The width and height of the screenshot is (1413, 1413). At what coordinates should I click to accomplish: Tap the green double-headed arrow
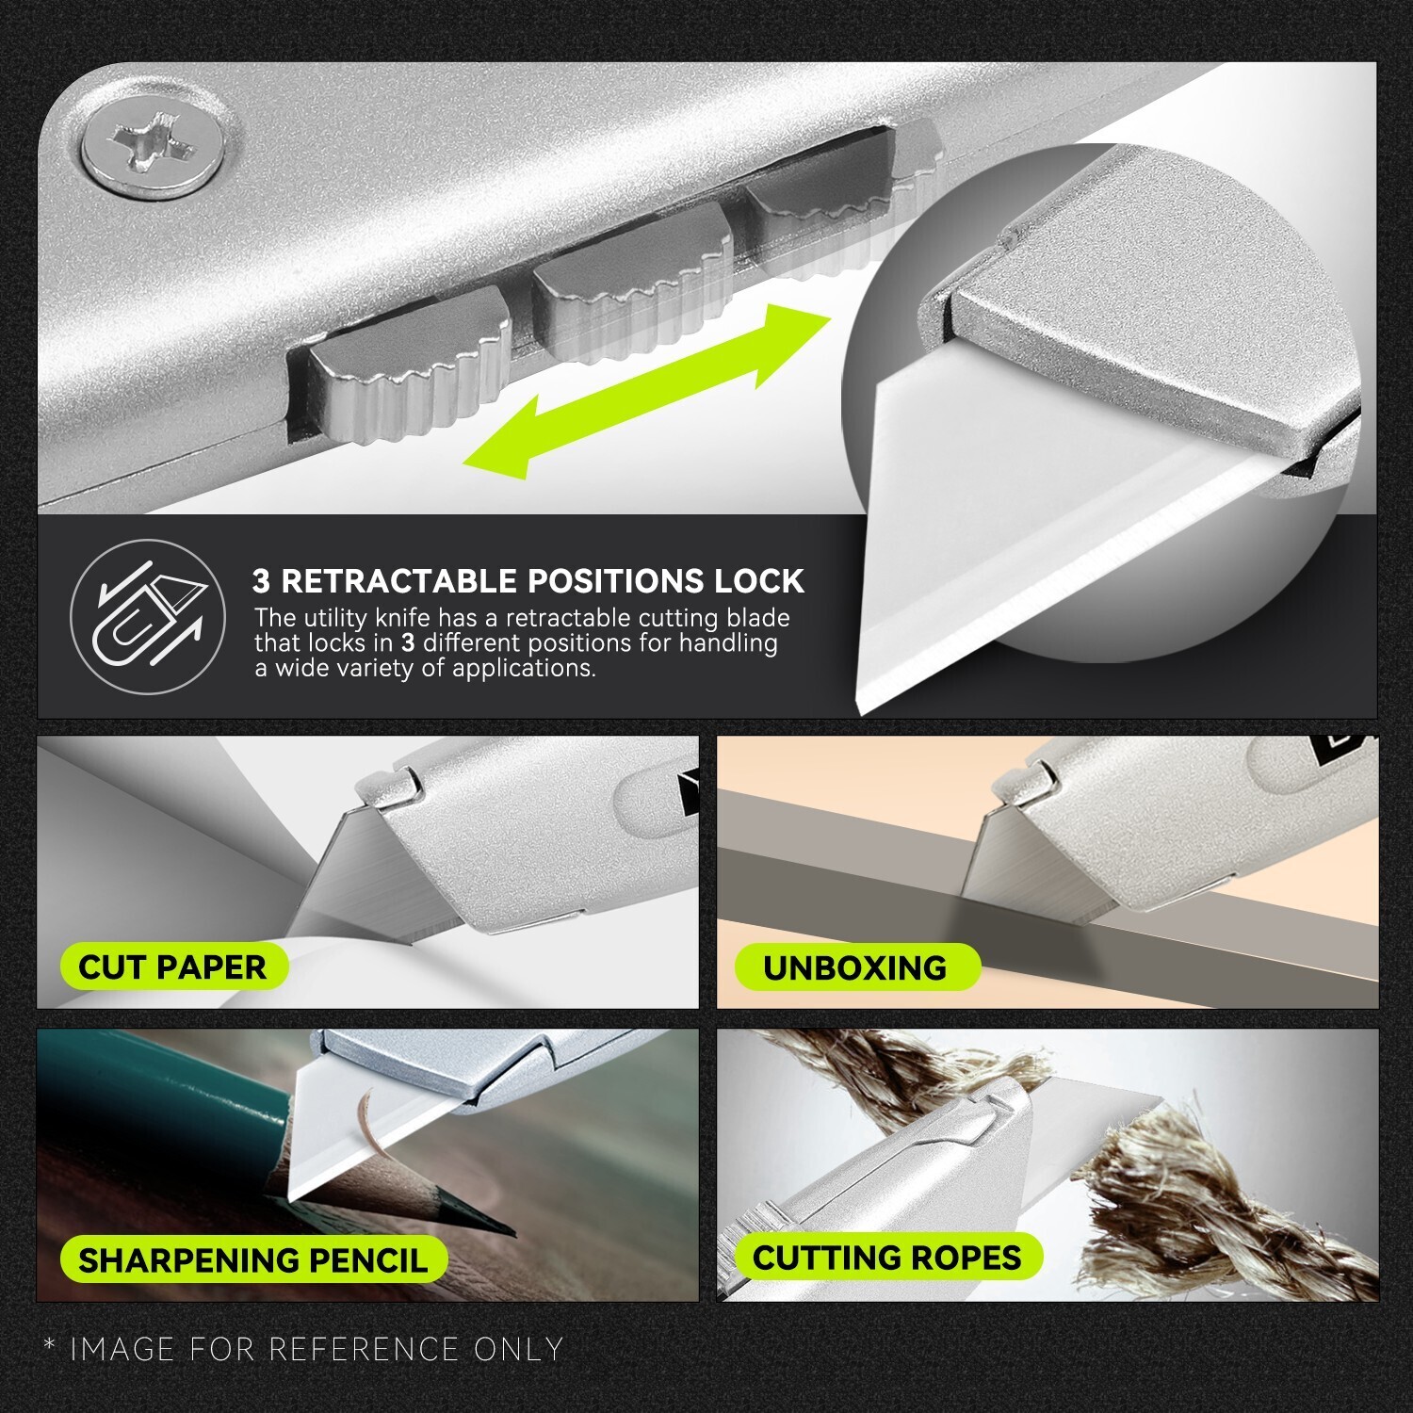647,386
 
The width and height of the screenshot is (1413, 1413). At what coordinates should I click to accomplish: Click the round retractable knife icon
148,617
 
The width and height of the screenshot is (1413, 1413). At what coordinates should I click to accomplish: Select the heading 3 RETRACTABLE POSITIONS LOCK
528,581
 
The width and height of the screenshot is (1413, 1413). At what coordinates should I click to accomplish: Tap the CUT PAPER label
172,966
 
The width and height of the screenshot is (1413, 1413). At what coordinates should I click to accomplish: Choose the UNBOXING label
854,967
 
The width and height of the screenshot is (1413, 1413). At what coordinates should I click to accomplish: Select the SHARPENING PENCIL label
252,1259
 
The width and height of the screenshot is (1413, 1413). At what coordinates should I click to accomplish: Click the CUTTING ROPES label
886,1257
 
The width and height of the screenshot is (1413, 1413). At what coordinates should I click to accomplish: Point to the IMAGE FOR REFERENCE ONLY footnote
303,1349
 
